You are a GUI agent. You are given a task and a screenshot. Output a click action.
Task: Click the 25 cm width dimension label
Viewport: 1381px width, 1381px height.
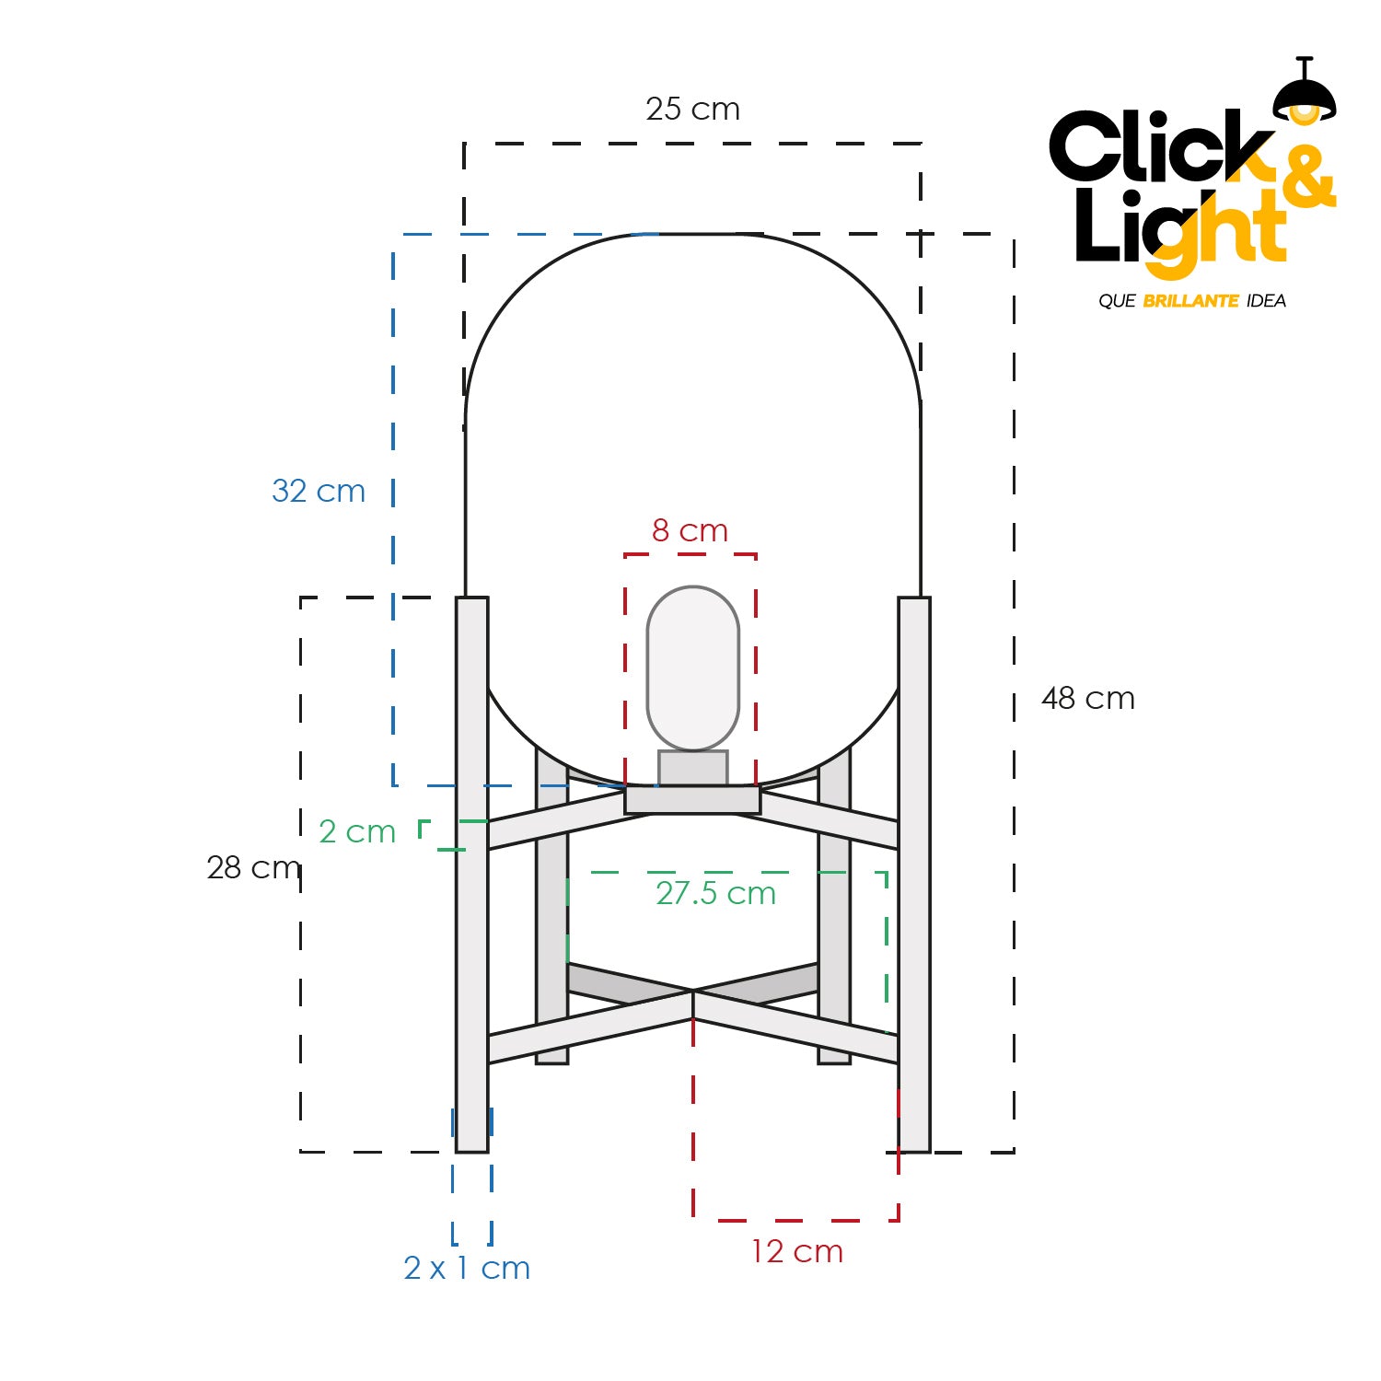tap(692, 110)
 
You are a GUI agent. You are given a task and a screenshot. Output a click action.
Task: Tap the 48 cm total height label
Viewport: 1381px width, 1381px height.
tap(1087, 699)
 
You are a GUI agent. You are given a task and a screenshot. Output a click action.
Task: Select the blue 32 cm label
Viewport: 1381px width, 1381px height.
tap(319, 491)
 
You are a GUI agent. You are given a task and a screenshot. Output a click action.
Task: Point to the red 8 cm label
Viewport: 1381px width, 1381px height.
tap(690, 531)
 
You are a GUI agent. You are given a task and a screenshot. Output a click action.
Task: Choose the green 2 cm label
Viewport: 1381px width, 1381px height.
tap(357, 832)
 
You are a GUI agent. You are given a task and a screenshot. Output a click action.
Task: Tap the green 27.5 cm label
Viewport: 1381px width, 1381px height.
tap(715, 893)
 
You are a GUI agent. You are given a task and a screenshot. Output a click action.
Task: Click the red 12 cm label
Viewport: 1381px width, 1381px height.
tap(796, 1252)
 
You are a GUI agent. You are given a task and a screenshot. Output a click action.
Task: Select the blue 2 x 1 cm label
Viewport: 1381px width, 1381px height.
tap(467, 1269)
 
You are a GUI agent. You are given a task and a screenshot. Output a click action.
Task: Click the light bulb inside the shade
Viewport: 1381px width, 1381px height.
tap(692, 667)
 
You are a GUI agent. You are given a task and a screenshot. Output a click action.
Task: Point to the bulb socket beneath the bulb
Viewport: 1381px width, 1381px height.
tap(692, 768)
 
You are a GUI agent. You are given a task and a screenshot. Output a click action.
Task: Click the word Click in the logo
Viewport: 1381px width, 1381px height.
tap(1155, 147)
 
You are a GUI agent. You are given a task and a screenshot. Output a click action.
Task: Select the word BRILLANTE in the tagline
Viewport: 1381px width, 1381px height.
tap(1190, 301)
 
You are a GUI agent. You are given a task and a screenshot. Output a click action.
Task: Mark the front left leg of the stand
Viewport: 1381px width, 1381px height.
tap(471, 875)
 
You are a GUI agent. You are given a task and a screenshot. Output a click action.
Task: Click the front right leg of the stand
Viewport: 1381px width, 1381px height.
tap(913, 875)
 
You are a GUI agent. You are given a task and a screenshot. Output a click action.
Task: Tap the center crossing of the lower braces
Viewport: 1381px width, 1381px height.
tap(692, 992)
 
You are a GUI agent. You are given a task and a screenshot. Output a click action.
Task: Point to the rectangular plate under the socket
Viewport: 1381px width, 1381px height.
tap(692, 800)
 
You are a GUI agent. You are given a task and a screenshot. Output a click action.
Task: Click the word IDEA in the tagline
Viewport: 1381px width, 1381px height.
tap(1266, 301)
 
